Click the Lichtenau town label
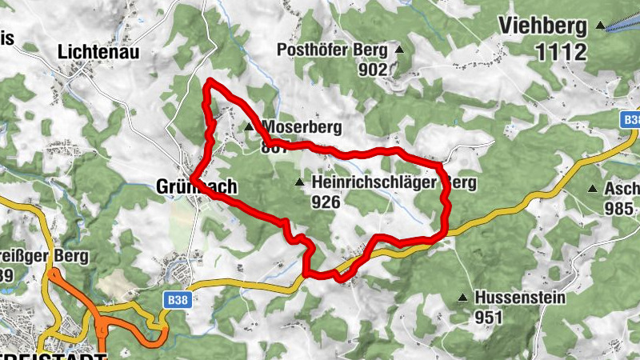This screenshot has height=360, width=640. coord(98,52)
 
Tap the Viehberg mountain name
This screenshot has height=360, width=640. coord(543,26)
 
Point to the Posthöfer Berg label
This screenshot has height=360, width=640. coord(331,50)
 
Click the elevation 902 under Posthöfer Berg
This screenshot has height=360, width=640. coord(372,70)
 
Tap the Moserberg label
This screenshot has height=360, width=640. coord(302,127)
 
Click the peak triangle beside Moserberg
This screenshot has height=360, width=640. coord(249,126)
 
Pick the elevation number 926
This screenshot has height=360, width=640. coord(326,202)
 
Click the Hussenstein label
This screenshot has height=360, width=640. coord(520,298)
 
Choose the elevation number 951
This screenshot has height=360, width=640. coord(488,317)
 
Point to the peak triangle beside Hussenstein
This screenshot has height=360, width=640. coord(462,298)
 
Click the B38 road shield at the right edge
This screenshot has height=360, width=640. coord(631,119)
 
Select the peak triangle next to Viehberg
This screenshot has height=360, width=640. coord(600,26)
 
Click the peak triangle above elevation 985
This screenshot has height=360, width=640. coord(592,189)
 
